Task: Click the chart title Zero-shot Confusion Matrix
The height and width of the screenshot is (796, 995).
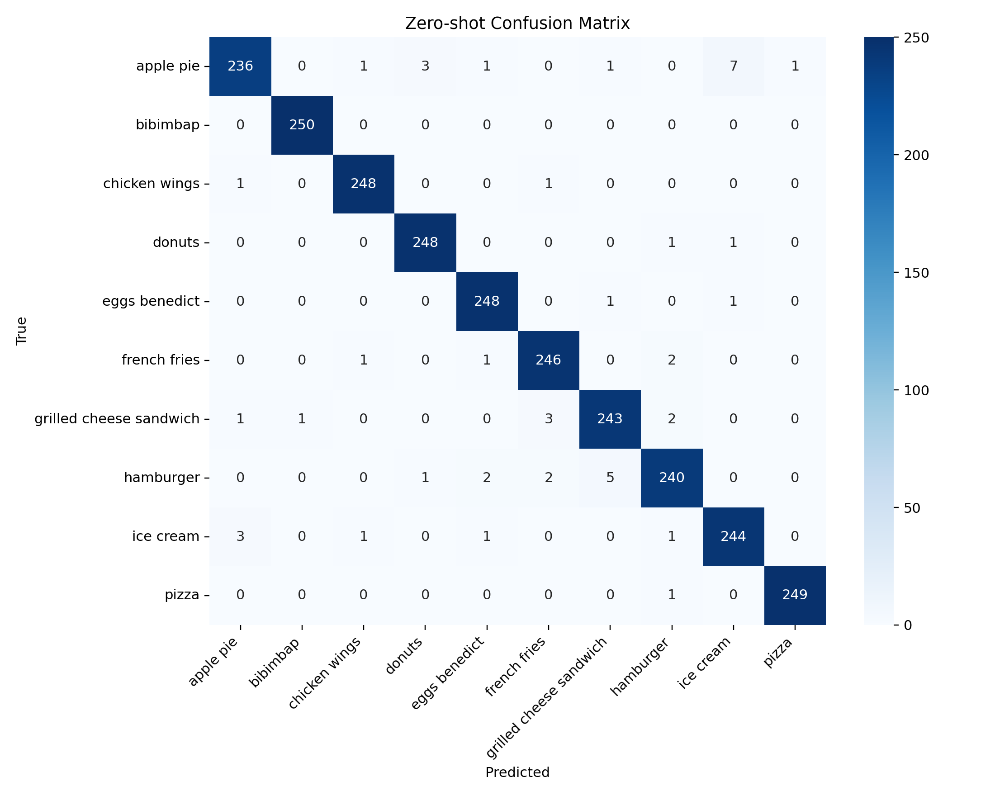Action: click(517, 23)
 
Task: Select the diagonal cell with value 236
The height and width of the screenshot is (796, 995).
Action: click(241, 66)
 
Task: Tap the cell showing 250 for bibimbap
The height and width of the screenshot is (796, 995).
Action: click(302, 125)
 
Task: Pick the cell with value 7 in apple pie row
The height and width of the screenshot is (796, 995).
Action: click(733, 66)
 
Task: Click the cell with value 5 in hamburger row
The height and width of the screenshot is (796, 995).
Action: click(610, 478)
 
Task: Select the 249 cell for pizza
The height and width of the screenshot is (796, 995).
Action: click(795, 595)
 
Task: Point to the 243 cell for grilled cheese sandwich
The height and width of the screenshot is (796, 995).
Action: click(610, 418)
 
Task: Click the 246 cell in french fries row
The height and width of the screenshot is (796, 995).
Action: click(548, 360)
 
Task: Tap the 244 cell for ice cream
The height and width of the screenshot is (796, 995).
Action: click(733, 536)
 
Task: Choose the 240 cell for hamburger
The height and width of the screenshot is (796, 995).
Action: click(672, 478)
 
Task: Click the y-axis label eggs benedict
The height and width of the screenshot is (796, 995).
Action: click(151, 301)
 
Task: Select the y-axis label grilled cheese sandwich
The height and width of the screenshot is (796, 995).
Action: click(117, 418)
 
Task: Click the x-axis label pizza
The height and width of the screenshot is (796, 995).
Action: click(778, 653)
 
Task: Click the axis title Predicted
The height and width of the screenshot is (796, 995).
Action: click(517, 772)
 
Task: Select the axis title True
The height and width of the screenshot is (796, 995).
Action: click(21, 331)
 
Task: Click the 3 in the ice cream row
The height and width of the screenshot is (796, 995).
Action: click(241, 536)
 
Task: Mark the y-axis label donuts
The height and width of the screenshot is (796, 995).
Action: click(176, 242)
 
